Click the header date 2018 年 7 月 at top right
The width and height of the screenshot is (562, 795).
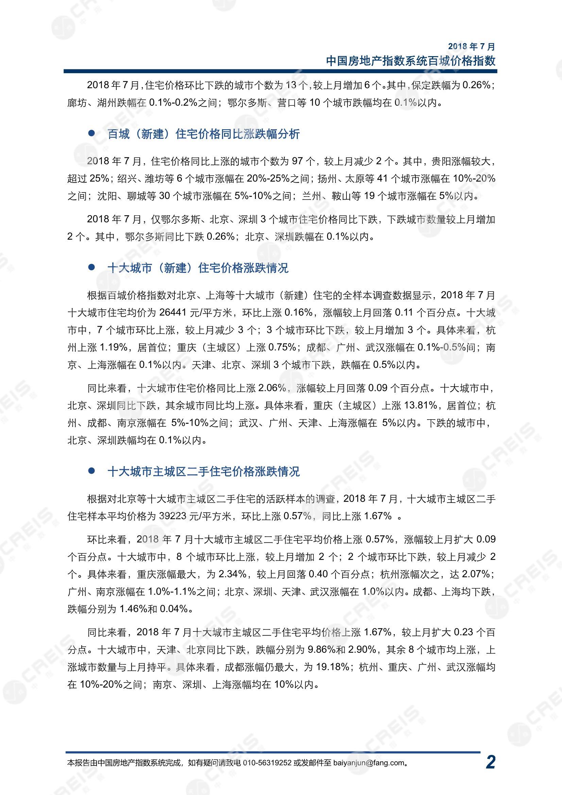[472, 46]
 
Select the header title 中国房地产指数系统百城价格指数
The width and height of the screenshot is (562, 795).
[411, 61]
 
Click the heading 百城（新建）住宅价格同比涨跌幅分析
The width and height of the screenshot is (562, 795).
[204, 134]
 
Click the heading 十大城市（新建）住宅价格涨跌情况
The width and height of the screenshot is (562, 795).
[198, 268]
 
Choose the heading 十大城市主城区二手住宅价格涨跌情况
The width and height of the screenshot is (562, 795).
[204, 472]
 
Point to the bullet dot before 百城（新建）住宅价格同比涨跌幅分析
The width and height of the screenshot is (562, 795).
[91, 133]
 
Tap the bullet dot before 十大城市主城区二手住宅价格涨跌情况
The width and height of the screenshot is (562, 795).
[91, 471]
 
